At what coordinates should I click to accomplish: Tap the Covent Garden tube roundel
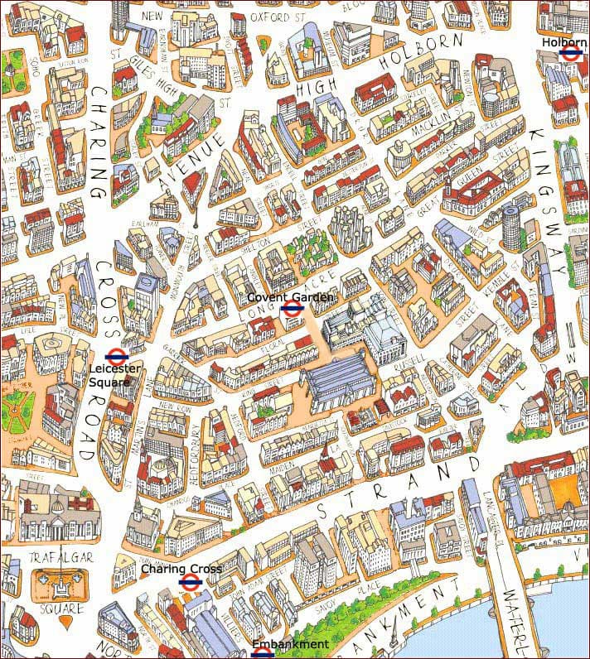[290, 310]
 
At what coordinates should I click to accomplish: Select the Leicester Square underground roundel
[114, 357]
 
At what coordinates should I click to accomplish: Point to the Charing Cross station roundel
[187, 581]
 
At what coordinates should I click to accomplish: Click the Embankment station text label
[291, 644]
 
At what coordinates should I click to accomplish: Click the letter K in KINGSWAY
[538, 136]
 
